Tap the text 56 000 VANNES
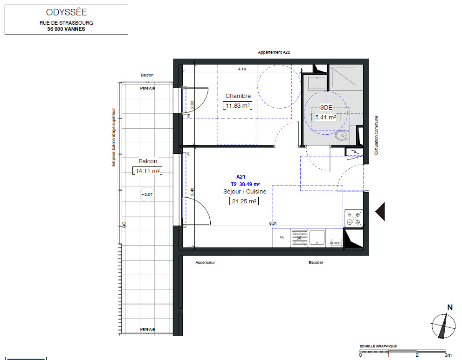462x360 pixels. click(66, 29)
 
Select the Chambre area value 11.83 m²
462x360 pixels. click(238, 105)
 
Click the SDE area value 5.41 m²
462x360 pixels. click(325, 117)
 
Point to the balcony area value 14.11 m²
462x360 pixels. click(147, 171)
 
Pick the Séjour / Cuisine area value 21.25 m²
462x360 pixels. click(244, 201)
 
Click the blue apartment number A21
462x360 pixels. click(241, 177)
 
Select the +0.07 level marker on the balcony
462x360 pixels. click(147, 194)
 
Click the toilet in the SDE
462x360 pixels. click(342, 136)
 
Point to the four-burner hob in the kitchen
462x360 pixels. click(353, 218)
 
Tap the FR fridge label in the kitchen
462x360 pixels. click(282, 237)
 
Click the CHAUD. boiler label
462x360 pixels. click(336, 243)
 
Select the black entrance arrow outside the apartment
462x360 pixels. click(380, 211)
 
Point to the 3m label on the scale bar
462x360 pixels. click(448, 355)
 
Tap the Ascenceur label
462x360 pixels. click(205, 263)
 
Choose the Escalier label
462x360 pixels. click(316, 263)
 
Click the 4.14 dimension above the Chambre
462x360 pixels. click(242, 69)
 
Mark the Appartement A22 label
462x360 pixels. click(274, 53)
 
